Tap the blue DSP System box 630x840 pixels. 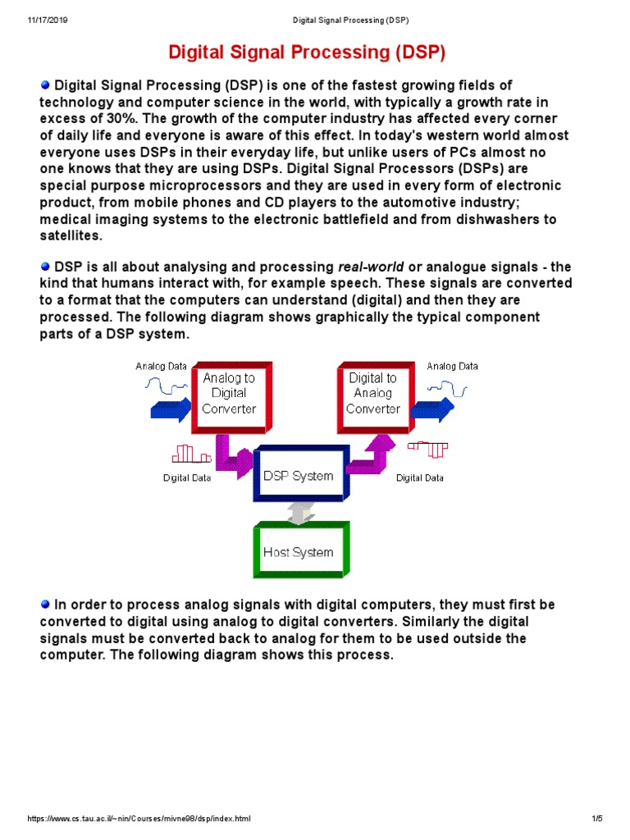[x=299, y=476]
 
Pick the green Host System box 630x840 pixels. [x=299, y=552]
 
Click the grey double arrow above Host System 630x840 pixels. [x=299, y=513]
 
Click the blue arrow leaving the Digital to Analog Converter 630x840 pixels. [x=434, y=408]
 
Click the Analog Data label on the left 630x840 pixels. [x=161, y=367]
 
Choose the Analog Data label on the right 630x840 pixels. [x=452, y=367]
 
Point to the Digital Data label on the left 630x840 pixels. [x=187, y=477]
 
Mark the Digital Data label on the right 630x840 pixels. [x=420, y=477]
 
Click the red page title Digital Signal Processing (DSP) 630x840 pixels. [x=306, y=53]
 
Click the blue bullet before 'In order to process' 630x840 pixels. [x=45, y=604]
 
